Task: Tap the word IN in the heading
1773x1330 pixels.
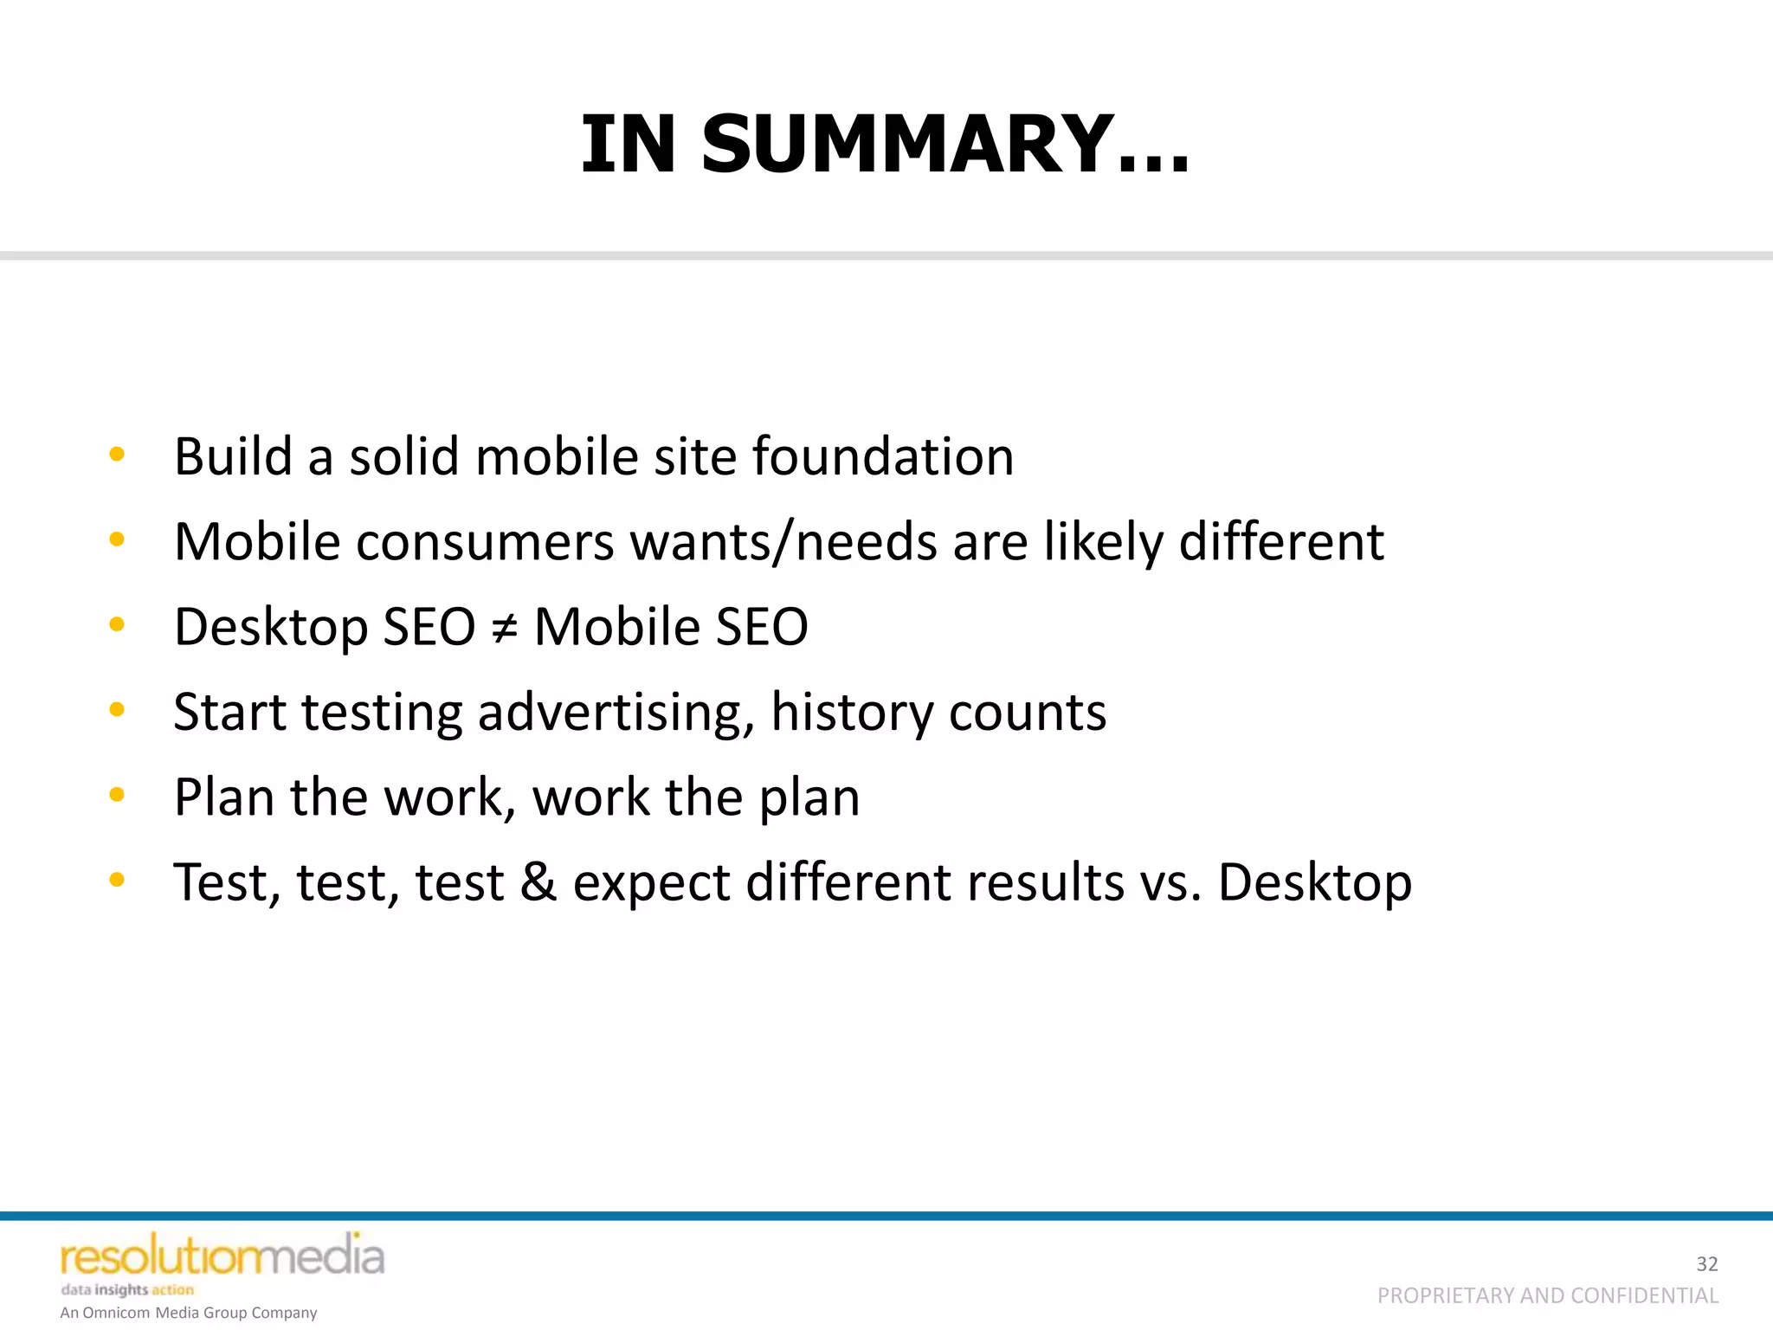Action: [x=629, y=145]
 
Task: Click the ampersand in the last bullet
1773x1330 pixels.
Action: [x=538, y=881]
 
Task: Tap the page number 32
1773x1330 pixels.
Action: [x=1706, y=1264]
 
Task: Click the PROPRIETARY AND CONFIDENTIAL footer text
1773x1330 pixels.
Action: [x=1547, y=1295]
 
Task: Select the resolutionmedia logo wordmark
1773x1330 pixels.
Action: [x=222, y=1257]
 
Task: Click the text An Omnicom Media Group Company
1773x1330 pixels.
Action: [x=189, y=1313]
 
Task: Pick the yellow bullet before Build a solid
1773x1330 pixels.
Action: [x=117, y=455]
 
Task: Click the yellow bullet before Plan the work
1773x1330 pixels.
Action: [x=117, y=795]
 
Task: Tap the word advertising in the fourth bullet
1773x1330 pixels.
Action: [x=616, y=713]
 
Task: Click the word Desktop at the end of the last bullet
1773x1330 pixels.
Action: [x=1314, y=883]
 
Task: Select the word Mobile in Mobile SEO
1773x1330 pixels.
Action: [x=603, y=627]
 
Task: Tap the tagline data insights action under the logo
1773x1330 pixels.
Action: [x=127, y=1289]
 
